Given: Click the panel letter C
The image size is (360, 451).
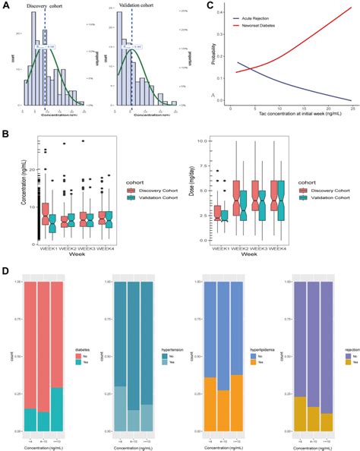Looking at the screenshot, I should tap(210, 5).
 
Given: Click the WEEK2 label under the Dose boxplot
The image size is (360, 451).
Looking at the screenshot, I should tap(256, 247).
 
